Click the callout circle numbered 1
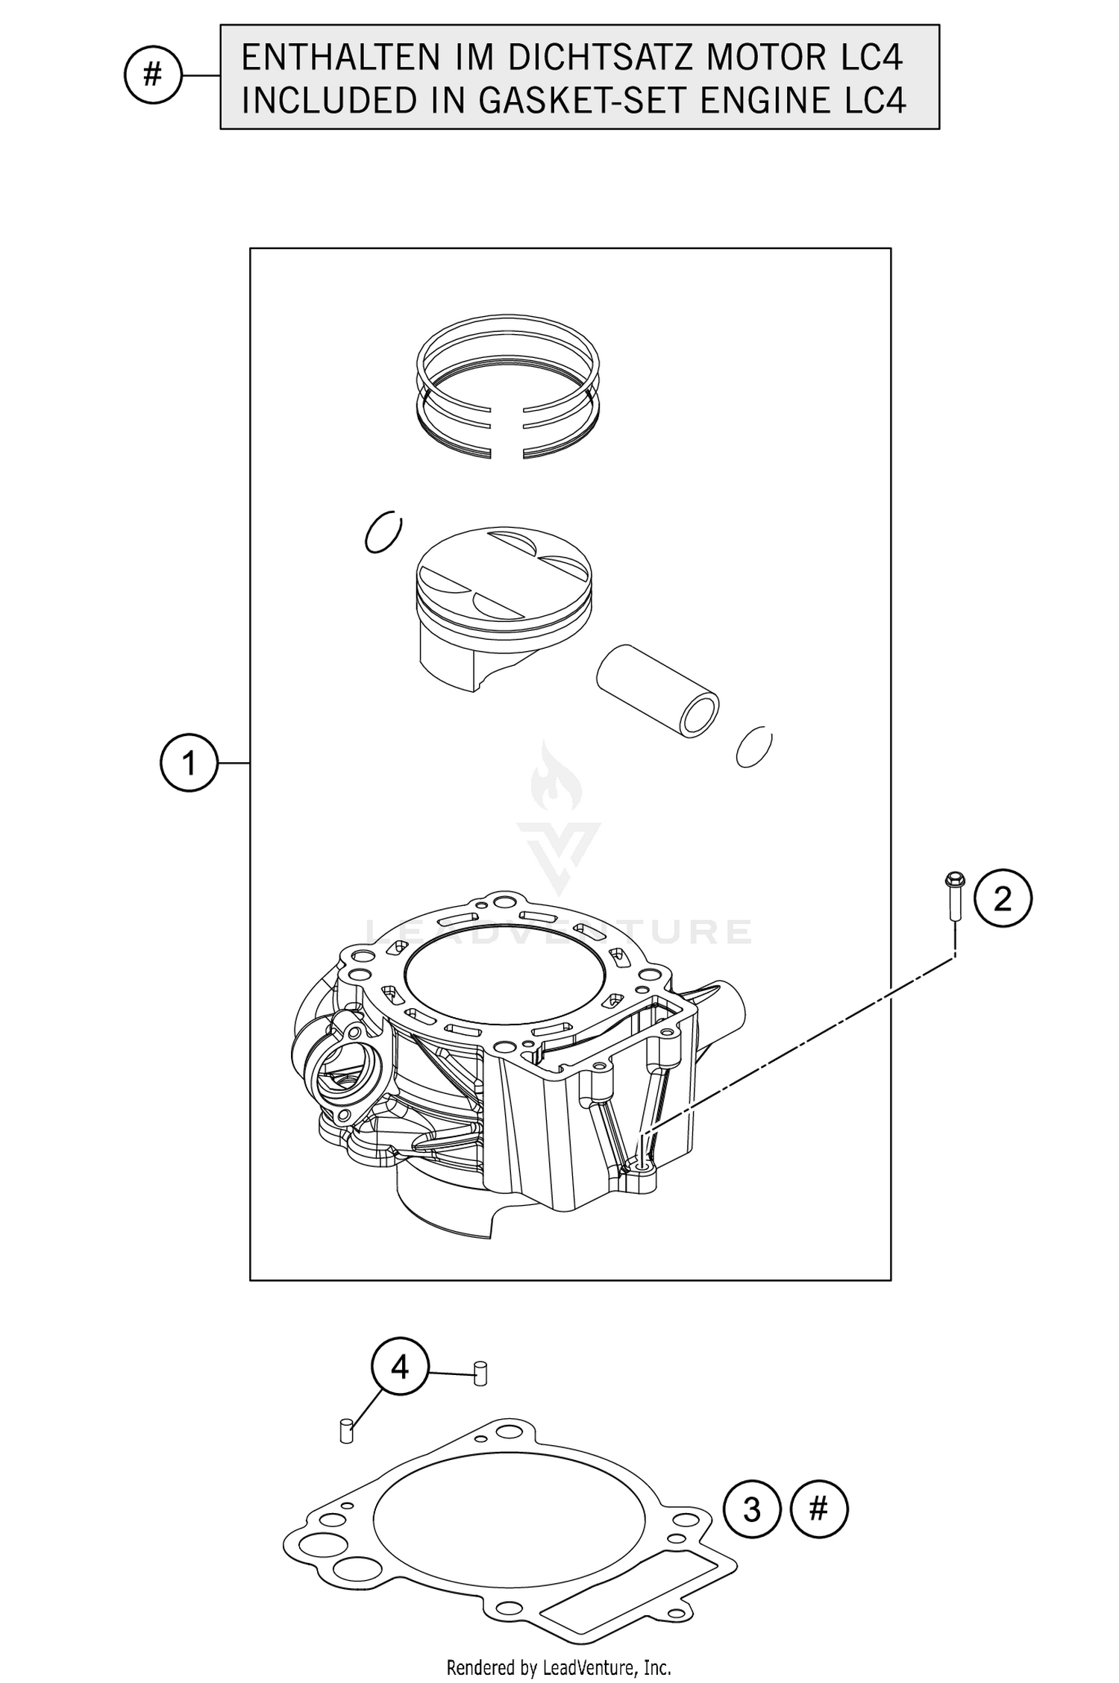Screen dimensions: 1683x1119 coord(189,763)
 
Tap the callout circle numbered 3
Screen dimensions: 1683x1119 coord(752,1510)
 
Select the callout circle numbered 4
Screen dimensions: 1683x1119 coord(401,1367)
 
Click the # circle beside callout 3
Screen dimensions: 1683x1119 coord(818,1510)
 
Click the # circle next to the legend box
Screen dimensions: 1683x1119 coord(152,75)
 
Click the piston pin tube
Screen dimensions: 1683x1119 coord(656,690)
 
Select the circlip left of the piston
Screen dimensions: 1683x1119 coord(383,532)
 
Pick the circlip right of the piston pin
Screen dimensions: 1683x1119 coord(753,746)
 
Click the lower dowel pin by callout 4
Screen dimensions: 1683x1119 coord(345,1431)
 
